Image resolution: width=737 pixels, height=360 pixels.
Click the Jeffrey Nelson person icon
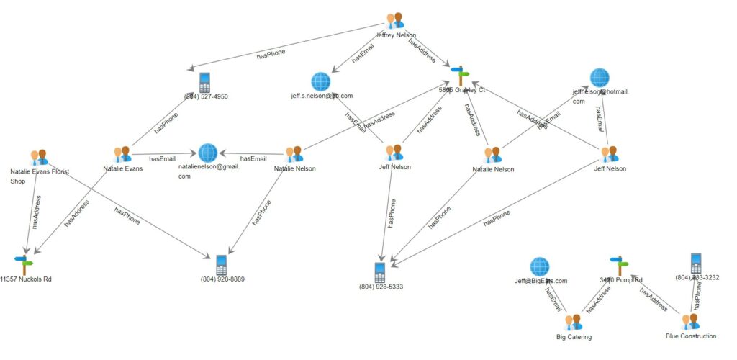point(395,21)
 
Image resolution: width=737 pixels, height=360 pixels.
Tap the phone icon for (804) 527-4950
point(205,81)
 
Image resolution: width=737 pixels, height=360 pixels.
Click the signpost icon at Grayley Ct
point(460,75)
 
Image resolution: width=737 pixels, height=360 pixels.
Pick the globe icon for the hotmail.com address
point(600,78)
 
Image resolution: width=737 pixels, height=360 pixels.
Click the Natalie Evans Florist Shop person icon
point(39,158)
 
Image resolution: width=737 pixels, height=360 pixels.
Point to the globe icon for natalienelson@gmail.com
point(208,153)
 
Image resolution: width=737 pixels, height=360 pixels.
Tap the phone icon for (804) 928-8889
point(222,264)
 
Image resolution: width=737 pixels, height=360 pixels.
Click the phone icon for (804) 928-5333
point(380,272)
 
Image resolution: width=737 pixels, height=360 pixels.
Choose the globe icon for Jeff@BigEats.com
point(540,267)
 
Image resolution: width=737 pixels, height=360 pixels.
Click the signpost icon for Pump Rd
point(617,265)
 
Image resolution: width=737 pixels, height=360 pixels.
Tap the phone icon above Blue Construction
point(696,263)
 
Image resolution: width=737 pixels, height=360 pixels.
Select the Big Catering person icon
point(574,323)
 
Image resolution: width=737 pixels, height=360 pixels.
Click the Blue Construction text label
point(691,336)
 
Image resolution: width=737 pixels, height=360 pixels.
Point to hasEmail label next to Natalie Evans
point(162,159)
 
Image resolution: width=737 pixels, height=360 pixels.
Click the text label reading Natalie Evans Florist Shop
point(40,176)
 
